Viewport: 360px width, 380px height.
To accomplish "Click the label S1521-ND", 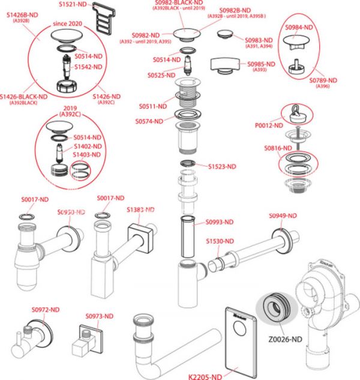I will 73,5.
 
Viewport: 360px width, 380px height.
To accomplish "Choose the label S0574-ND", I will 149,121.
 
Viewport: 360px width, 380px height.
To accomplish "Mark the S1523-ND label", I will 221,166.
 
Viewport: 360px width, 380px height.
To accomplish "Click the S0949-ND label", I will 282,216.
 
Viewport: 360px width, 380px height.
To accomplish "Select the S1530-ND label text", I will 219,241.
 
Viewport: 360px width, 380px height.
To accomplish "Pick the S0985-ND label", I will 262,64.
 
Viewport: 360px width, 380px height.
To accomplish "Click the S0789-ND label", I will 323,80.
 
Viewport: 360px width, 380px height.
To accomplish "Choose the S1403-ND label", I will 87,155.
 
